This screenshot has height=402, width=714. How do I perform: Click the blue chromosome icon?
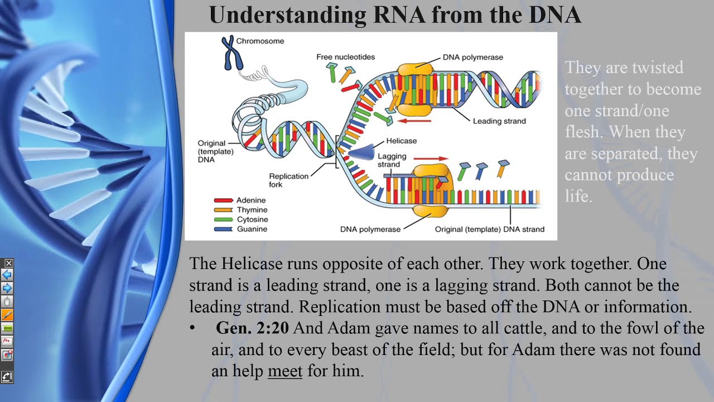pyautogui.click(x=228, y=52)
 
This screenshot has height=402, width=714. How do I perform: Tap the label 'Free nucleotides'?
pyautogui.click(x=345, y=57)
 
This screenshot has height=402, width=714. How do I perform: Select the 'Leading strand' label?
pyautogui.click(x=499, y=121)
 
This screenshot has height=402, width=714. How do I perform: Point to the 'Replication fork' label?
pyautogui.click(x=288, y=180)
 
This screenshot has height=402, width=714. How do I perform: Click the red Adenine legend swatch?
pyautogui.click(x=223, y=200)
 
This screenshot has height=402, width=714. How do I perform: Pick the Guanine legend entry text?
pyautogui.click(x=252, y=229)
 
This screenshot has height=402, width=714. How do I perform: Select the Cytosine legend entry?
pyautogui.click(x=252, y=219)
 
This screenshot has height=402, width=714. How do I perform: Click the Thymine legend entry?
pyautogui.click(x=252, y=210)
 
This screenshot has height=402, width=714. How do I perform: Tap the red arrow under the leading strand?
pyautogui.click(x=415, y=120)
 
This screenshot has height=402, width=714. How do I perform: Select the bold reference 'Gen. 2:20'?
pyautogui.click(x=252, y=328)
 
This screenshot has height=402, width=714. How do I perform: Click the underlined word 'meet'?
pyautogui.click(x=284, y=371)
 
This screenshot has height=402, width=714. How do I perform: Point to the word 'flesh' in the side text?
pyautogui.click(x=583, y=132)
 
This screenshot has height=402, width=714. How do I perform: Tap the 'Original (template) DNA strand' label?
pyautogui.click(x=489, y=229)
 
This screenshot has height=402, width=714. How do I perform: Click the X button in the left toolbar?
pyautogui.click(x=8, y=263)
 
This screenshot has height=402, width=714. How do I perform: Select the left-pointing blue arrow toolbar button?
pyautogui.click(x=7, y=275)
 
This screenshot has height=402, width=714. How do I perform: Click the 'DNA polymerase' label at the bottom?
pyautogui.click(x=370, y=229)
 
